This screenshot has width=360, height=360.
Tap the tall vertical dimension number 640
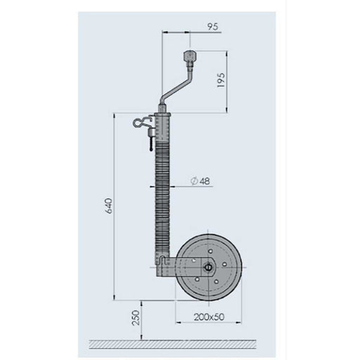107,205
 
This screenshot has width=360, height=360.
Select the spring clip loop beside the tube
139,124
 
